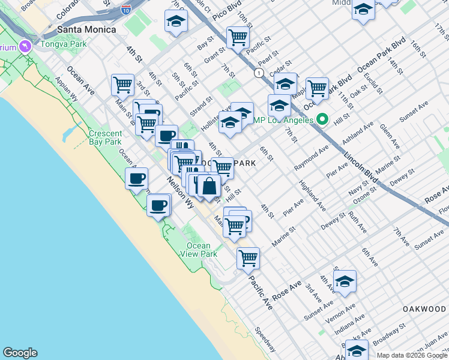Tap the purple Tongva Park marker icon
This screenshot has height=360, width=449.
[25, 46]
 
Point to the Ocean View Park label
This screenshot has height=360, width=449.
[198, 250]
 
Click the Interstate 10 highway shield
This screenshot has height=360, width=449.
[125, 10]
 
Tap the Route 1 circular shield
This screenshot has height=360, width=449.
[258, 73]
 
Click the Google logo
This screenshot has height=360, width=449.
[20, 353]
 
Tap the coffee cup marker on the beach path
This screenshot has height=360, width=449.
[158, 205]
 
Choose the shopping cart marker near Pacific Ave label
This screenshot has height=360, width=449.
[248, 259]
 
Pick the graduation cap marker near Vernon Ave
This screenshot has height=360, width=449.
[345, 281]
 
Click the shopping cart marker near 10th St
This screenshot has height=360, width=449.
[238, 38]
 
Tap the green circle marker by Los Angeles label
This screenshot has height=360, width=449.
[322, 119]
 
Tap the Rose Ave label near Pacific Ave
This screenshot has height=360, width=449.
[286, 291]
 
